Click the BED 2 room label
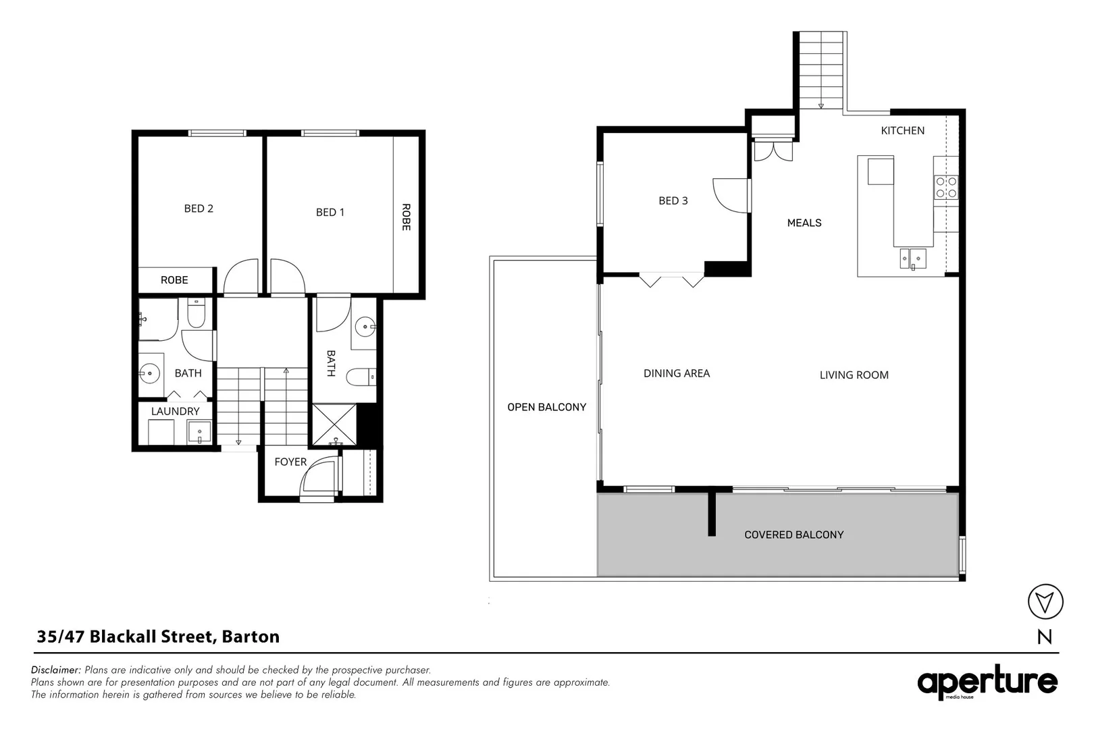[x=199, y=209]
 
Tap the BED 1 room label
[x=330, y=212]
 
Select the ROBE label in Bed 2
[x=174, y=280]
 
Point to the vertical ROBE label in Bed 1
[x=406, y=217]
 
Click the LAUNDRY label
[x=176, y=411]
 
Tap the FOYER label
[x=290, y=462]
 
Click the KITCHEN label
[x=902, y=130]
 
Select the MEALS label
[x=804, y=223]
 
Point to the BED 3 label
[x=673, y=200]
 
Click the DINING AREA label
[x=677, y=373]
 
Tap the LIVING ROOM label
[x=854, y=375]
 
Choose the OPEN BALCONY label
[x=546, y=407]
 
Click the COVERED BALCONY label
[x=793, y=535]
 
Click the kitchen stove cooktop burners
[x=945, y=187]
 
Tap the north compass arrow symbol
[x=1045, y=601]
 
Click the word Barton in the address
[x=251, y=637]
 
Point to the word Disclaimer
[x=56, y=670]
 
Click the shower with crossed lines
[x=334, y=424]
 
